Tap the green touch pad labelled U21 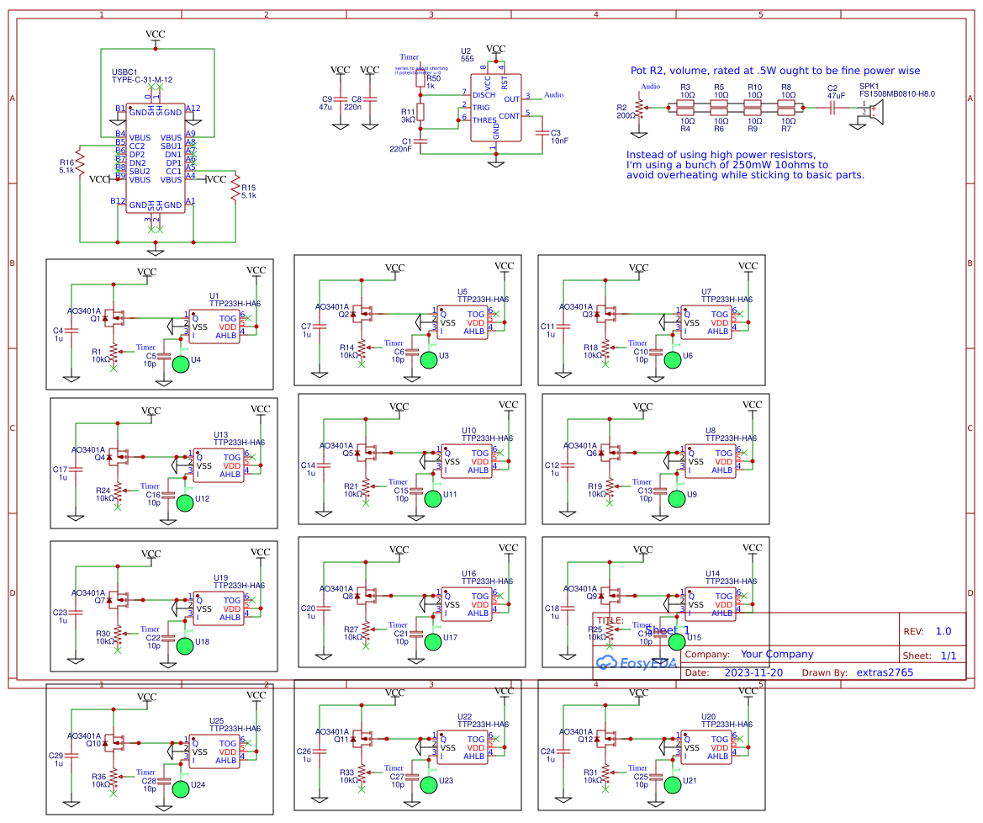tap(673, 784)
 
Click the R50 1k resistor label tap(432, 82)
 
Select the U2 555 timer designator tap(467, 54)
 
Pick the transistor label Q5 tap(347, 453)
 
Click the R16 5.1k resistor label tap(67, 166)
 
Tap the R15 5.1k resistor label tap(248, 191)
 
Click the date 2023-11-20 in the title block tap(753, 672)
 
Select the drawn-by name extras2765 tap(884, 672)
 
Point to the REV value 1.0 tap(943, 631)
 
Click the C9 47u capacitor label tap(326, 103)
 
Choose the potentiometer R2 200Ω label tap(625, 111)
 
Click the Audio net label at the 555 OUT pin tap(553, 95)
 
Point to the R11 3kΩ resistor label tap(407, 115)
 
